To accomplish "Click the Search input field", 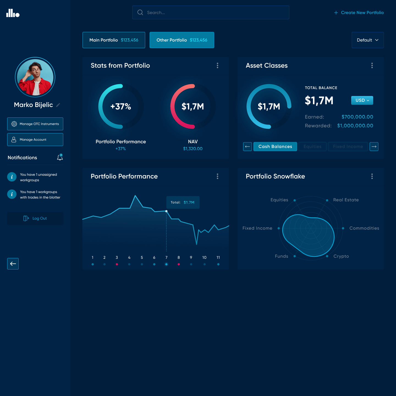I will [211, 13].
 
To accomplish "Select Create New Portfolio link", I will [359, 13].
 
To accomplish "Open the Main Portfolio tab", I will [114, 40].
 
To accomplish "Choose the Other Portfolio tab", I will [182, 40].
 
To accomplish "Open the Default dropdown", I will [368, 40].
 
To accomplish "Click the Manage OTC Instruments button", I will [35, 124].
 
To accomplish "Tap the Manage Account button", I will [35, 140].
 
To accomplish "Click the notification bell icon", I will [60, 157].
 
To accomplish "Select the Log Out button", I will [35, 218].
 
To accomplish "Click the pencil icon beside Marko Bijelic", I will [58, 105].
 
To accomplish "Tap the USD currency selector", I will [362, 100].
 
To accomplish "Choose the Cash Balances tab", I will [275, 147].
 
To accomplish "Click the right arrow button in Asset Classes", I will [374, 147].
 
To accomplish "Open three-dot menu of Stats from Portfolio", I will [218, 65].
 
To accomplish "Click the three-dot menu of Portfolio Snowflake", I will [372, 176].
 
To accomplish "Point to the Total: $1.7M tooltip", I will [183, 202].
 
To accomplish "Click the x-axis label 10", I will [204, 258].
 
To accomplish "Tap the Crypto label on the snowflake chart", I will [341, 256].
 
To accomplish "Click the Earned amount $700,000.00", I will [357, 117].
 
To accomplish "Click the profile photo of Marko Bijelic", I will [35, 77].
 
